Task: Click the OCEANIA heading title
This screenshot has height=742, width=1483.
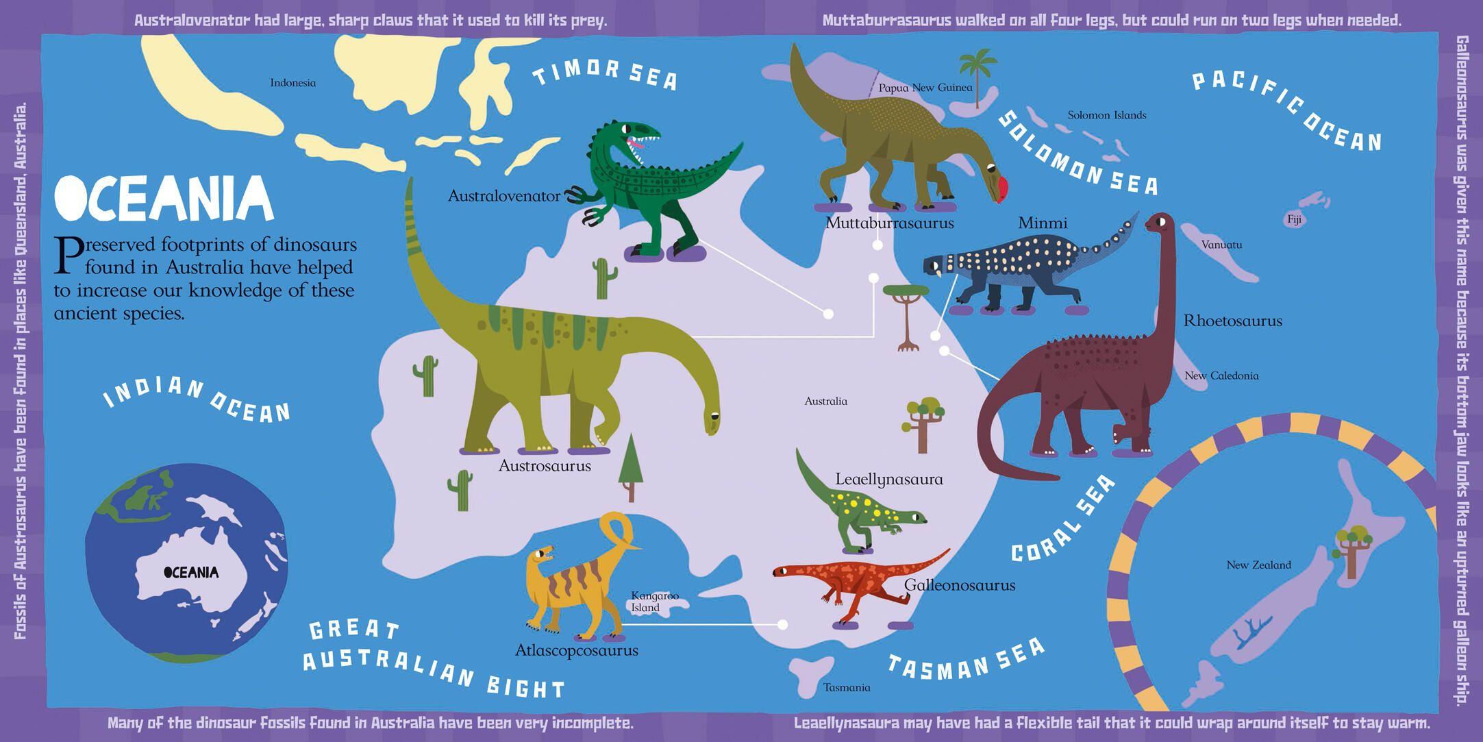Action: click(164, 198)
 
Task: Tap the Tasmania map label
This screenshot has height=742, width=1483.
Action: click(847, 687)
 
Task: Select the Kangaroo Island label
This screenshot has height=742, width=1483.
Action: click(654, 602)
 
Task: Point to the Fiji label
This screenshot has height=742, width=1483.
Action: click(1294, 220)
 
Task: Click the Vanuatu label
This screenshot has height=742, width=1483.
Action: click(1221, 245)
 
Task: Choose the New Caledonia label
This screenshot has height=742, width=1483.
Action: click(1221, 375)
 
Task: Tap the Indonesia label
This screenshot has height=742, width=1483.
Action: click(292, 83)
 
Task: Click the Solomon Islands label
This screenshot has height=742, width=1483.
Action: click(1106, 115)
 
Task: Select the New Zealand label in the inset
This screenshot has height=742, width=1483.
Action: click(1258, 565)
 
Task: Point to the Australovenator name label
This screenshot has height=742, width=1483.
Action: click(503, 196)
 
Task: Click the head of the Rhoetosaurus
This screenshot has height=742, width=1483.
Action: click(1157, 223)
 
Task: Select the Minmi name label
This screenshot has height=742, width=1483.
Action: click(1043, 223)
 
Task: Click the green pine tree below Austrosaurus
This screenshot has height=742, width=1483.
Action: click(630, 466)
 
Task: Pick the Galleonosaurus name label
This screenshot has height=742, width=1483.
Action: click(959, 585)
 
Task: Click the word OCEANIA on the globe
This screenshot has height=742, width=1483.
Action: click(191, 572)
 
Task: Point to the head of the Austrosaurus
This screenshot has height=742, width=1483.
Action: click(713, 421)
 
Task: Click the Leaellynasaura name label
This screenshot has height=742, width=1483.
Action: click(888, 480)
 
